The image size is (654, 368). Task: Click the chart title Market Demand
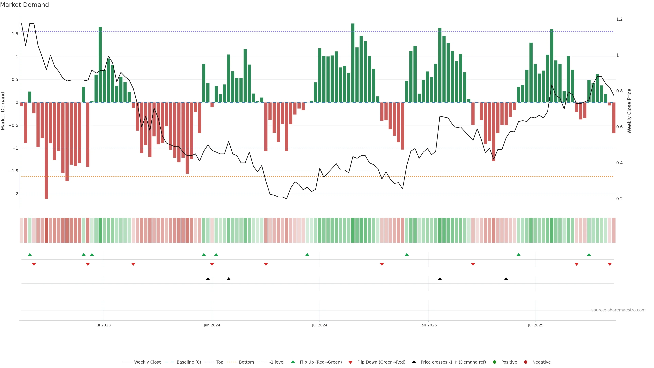coord(24,5)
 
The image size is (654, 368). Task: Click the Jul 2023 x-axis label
coord(103,325)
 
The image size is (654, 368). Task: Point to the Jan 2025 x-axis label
coord(428,325)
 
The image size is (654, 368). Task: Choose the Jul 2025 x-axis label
coord(535,325)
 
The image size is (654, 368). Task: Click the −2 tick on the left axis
coord(15,194)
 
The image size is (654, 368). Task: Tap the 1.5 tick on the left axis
coord(15,34)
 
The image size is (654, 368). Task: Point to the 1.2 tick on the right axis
coord(619,19)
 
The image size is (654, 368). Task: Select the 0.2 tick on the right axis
coord(619,199)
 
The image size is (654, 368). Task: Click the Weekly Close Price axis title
coord(629,111)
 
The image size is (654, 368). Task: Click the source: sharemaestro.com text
coord(618,310)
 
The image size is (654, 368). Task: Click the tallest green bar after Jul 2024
coord(353,64)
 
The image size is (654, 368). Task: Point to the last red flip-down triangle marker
coord(610,264)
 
